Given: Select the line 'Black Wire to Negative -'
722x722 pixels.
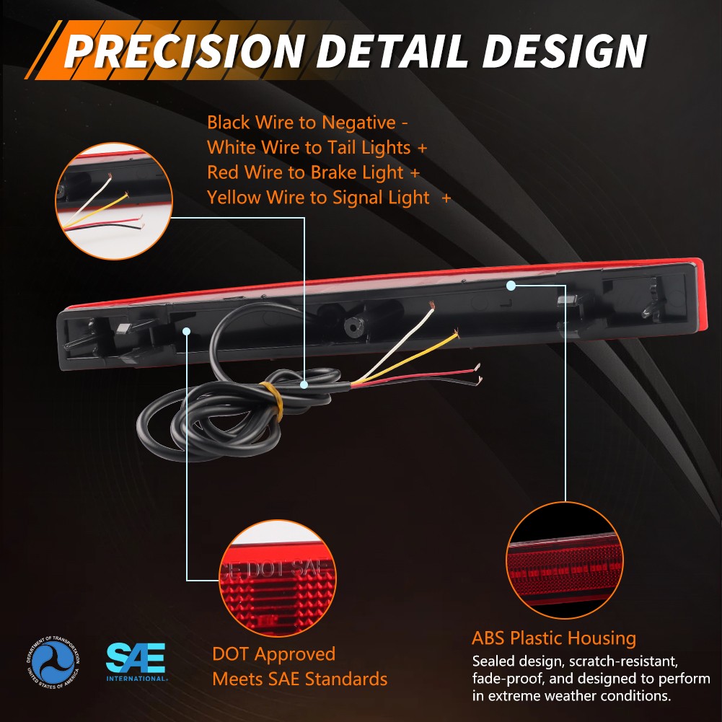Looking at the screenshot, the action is (308, 123).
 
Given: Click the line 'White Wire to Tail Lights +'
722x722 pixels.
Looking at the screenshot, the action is (317, 148).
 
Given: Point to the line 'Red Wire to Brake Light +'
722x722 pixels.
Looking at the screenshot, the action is (314, 172).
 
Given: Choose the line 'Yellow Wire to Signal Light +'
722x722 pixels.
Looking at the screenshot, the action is (329, 198).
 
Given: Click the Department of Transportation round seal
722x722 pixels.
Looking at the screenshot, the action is (53, 661).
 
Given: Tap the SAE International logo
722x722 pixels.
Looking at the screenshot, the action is (136, 661).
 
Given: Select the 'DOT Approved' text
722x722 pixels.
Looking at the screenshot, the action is (273, 654).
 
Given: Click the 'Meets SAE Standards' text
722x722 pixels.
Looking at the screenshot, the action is (299, 679).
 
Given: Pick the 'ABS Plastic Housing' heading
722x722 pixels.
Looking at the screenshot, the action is (554, 638).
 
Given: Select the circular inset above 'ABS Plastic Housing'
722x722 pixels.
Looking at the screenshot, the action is (564, 560).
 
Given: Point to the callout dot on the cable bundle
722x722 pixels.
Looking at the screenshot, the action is (304, 384).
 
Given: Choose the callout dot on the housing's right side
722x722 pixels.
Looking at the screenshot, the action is (511, 286).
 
